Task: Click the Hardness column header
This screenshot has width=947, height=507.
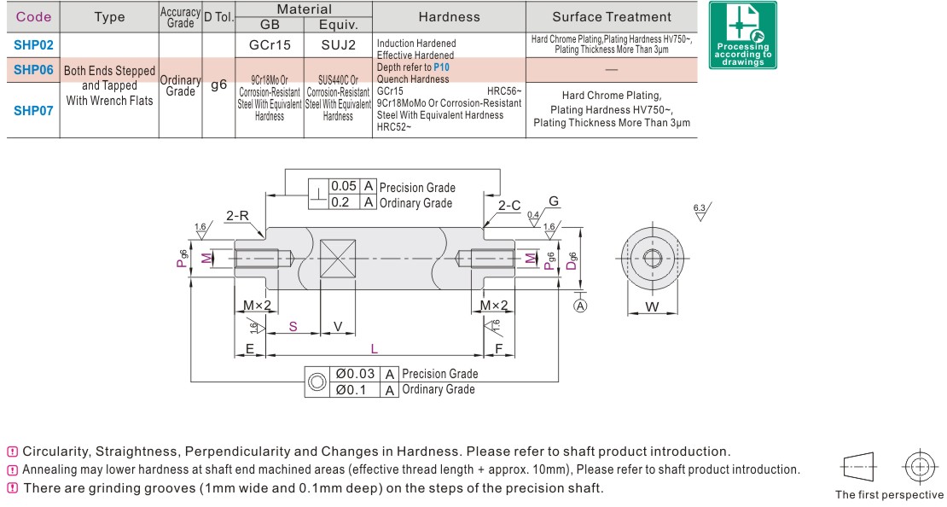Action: coord(450,17)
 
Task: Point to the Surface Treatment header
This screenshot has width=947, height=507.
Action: coord(612,17)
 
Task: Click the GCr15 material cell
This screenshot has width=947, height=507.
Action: coord(270,44)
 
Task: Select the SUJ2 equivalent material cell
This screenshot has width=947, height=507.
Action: coord(338,44)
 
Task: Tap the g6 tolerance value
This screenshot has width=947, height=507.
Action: coord(219,84)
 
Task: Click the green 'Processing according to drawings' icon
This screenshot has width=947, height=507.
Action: coord(742,35)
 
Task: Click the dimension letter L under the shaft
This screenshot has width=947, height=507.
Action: coord(373,348)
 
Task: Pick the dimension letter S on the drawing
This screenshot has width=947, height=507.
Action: coord(293,327)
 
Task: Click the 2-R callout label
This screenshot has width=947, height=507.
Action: coord(237,216)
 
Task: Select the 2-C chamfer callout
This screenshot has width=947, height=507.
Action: coord(509,206)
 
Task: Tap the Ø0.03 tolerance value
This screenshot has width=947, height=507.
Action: coord(354,374)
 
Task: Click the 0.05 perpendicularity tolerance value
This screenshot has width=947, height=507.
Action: coord(344,186)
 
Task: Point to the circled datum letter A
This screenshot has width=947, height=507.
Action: coord(580,306)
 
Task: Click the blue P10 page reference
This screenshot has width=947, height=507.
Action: coord(441,67)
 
